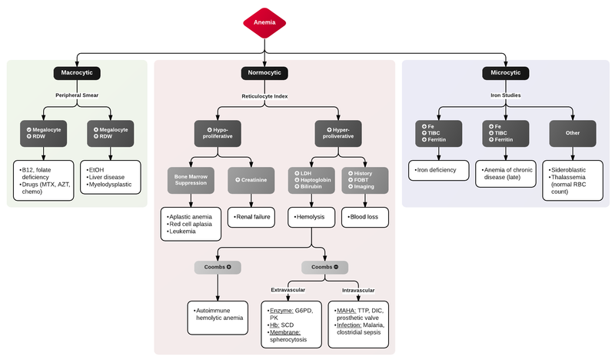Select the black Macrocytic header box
pos(79,73)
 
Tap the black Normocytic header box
pos(264,73)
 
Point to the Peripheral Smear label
pos(79,95)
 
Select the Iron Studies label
pos(505,95)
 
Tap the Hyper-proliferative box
pos(338,134)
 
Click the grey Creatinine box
pos(250,179)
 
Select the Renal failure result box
pos(250,218)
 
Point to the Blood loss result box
pos(364,218)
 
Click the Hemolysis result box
pos(311,218)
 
